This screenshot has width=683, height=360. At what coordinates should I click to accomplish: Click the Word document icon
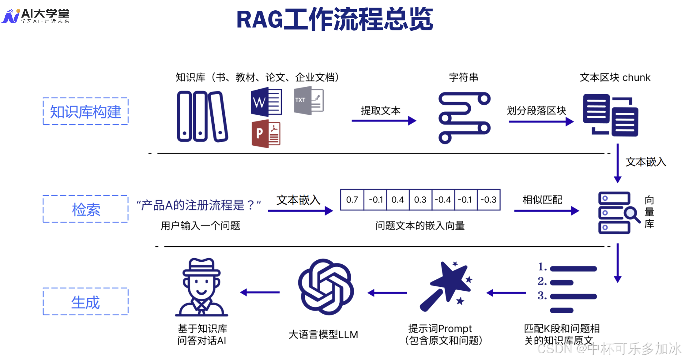[x=266, y=102]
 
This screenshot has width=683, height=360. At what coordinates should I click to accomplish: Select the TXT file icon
[x=309, y=100]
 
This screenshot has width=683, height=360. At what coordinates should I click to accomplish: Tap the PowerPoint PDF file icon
[x=266, y=134]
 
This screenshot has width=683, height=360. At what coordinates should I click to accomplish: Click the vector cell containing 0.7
[x=352, y=200]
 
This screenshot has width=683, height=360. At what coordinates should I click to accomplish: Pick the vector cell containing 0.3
[x=420, y=200]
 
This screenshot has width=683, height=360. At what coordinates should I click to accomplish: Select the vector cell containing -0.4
[x=443, y=200]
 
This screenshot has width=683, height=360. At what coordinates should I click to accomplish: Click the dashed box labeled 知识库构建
[x=85, y=111]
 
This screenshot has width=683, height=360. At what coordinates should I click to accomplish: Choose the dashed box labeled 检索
[x=85, y=209]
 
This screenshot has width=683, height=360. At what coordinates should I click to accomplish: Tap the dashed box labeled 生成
[x=85, y=302]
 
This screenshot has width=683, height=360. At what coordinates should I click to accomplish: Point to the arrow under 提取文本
[x=384, y=121]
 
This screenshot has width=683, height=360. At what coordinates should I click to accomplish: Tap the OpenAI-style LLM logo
[x=325, y=287]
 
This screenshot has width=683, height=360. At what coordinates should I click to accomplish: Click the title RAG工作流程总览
[x=335, y=19]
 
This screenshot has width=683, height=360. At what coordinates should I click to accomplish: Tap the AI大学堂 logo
[x=36, y=16]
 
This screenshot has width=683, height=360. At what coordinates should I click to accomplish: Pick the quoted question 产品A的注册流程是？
[x=199, y=205]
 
